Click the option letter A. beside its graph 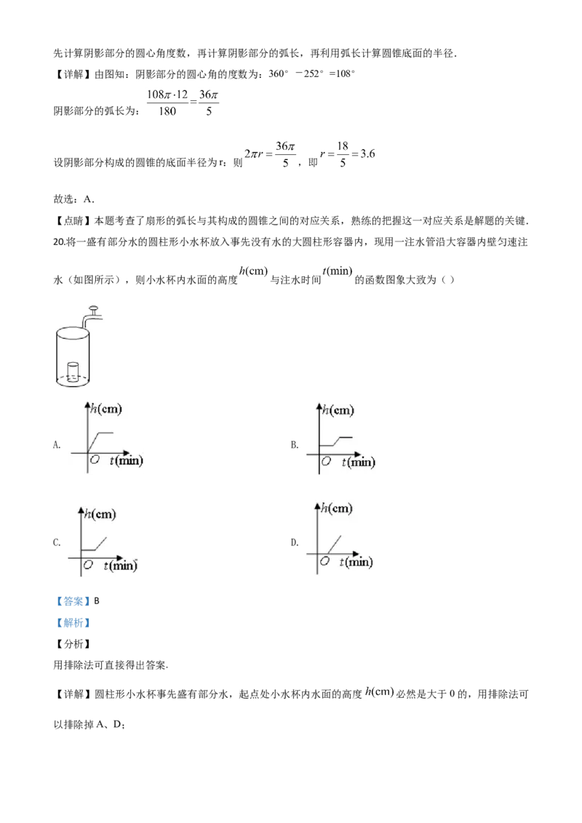pyautogui.click(x=57, y=444)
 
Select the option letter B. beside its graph pyautogui.click(x=295, y=444)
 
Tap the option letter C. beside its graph pyautogui.click(x=57, y=542)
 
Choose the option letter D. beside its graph pyautogui.click(x=295, y=542)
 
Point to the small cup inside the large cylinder pyautogui.click(x=73, y=371)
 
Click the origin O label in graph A pyautogui.click(x=95, y=459)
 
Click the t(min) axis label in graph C pyautogui.click(x=120, y=566)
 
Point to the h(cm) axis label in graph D pyautogui.click(x=337, y=507)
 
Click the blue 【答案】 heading pyautogui.click(x=73, y=601)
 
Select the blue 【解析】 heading pyautogui.click(x=73, y=623)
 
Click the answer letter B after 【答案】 pyautogui.click(x=97, y=601)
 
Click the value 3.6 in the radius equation pyautogui.click(x=367, y=154)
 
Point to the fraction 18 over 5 pyautogui.click(x=343, y=154)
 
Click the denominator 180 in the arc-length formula pyautogui.click(x=167, y=111)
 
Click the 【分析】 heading pyautogui.click(x=73, y=644)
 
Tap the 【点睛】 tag pyautogui.click(x=73, y=221)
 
